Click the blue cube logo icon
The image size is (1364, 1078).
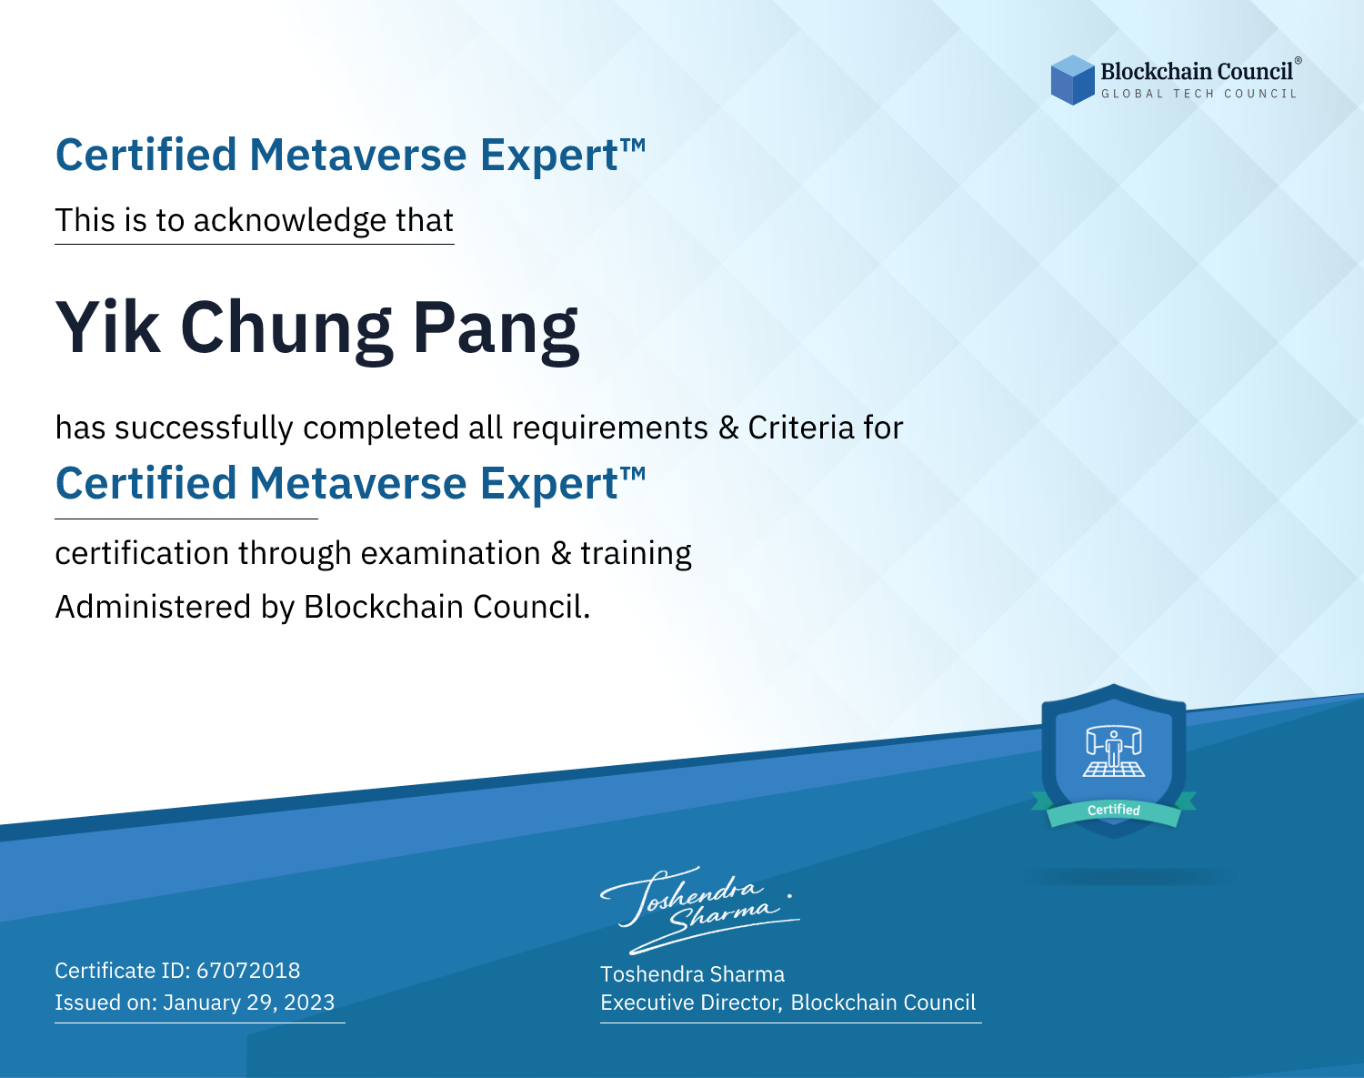pos(1072,80)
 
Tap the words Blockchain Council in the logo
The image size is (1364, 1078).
pos(1196,72)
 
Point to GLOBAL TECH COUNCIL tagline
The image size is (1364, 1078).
pos(1199,94)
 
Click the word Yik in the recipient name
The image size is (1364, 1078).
pos(107,327)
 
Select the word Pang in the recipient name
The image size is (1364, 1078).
pos(496,332)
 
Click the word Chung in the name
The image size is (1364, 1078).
pos(286,332)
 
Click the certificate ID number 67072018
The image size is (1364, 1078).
pos(248,970)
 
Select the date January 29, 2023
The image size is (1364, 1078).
pos(248,1002)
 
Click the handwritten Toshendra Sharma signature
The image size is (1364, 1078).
pos(700,910)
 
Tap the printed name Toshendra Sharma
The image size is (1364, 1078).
pos(692,974)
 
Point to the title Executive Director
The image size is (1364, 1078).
pos(689,1002)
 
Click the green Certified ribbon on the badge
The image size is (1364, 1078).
pos(1114,810)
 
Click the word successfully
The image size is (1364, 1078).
pos(204,428)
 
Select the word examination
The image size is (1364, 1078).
pos(451,553)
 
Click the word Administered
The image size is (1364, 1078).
pos(153,607)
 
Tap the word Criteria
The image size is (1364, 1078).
pos(800,428)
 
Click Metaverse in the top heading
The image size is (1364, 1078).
pos(358,155)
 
